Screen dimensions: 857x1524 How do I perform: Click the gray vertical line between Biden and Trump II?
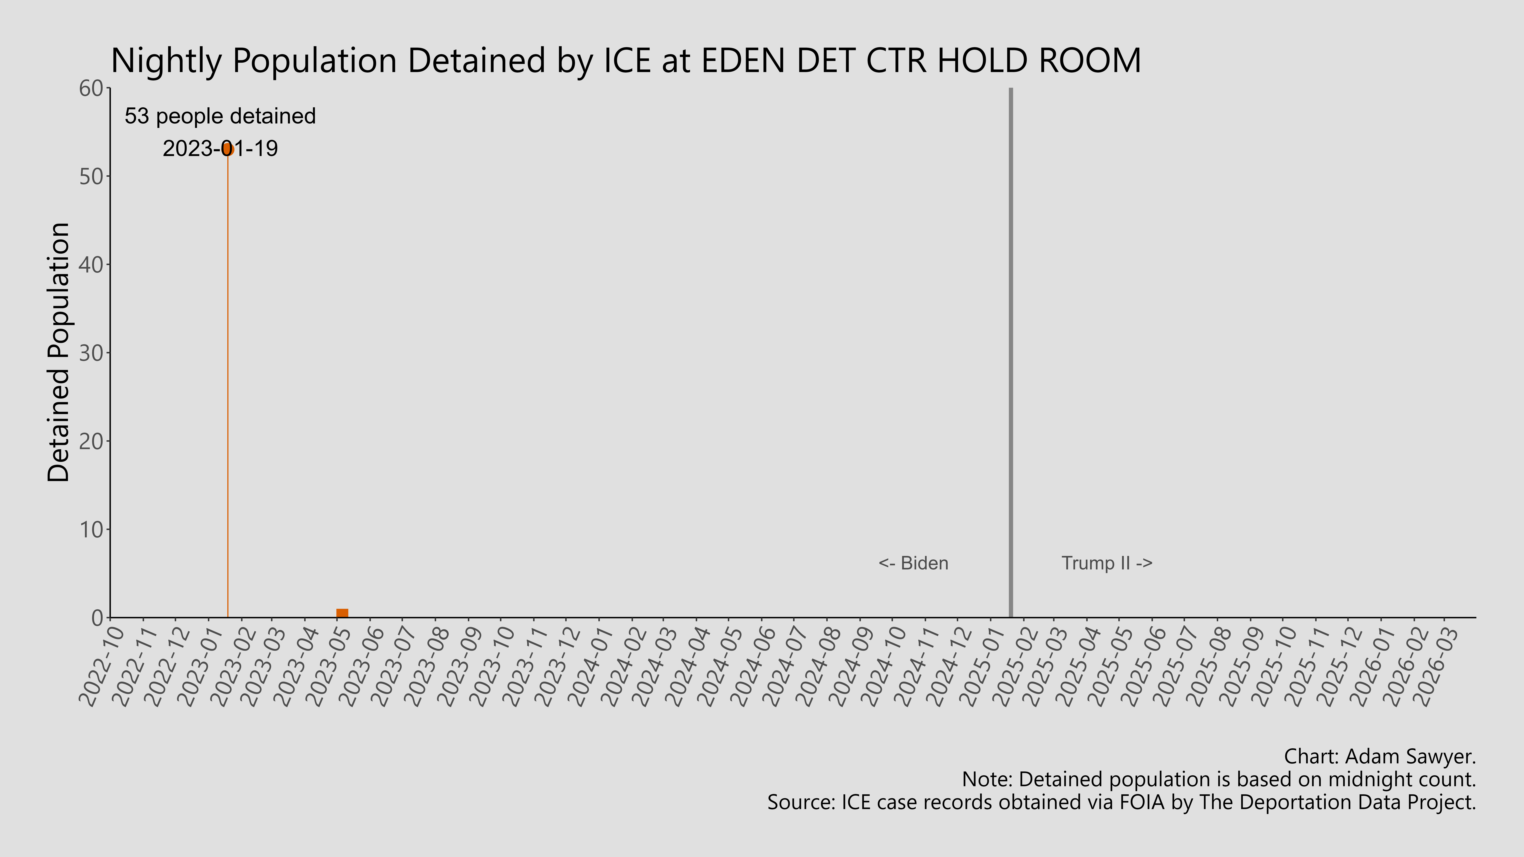(1010, 355)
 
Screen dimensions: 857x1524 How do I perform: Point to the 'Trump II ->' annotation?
(1106, 563)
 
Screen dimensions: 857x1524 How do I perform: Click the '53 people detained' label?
(220, 116)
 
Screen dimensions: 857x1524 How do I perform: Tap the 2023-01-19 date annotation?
(220, 148)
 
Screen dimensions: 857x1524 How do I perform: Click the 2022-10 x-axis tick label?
(102, 665)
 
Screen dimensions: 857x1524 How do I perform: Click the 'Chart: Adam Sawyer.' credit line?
(1380, 756)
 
